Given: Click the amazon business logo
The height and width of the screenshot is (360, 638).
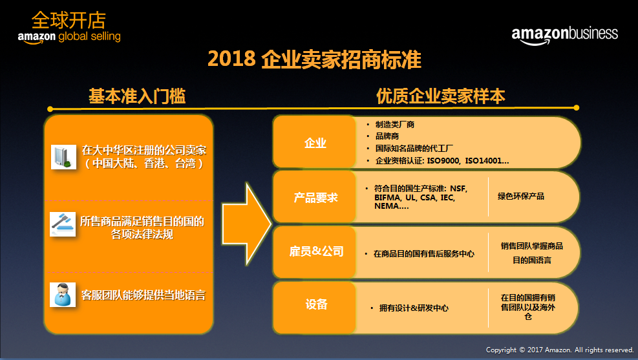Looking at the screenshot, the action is [x=564, y=35].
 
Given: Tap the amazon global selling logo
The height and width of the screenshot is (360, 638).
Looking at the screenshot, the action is [x=69, y=27].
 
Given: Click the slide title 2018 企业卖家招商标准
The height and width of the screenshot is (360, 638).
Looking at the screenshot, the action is [x=314, y=59].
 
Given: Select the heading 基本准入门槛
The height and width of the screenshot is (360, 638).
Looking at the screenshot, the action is [x=137, y=96].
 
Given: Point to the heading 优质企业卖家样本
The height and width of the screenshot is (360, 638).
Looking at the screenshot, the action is [x=441, y=96].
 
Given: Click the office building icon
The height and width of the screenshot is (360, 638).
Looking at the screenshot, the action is [x=63, y=156].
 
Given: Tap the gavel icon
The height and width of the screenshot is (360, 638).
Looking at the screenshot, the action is [x=63, y=224].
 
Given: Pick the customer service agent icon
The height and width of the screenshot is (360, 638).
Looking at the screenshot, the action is [x=63, y=295].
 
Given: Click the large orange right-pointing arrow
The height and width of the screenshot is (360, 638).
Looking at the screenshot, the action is [x=246, y=224].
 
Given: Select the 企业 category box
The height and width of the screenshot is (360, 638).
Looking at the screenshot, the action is [x=315, y=142].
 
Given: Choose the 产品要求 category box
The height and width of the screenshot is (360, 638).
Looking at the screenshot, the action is [x=315, y=197].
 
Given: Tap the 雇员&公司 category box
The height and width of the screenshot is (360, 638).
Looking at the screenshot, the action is [x=315, y=252].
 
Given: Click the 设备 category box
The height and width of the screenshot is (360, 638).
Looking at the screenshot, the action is [x=315, y=304].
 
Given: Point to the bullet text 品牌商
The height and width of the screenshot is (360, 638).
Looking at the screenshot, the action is [x=387, y=136].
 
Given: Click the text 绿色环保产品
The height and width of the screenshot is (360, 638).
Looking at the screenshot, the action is [x=521, y=196].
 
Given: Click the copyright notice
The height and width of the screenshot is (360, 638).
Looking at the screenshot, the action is [x=560, y=350].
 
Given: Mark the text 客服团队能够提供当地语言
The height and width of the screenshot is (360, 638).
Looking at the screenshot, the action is [x=144, y=295].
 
